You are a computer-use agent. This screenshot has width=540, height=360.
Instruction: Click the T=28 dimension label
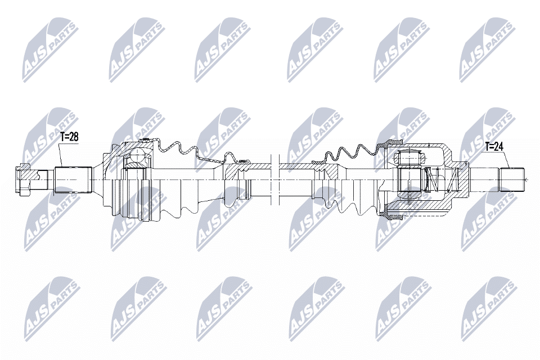(69, 137)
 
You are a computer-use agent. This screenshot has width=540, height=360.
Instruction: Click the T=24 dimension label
(494, 146)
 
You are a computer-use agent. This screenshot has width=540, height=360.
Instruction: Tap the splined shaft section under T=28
(73, 180)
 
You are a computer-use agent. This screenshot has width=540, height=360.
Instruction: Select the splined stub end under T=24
(512, 180)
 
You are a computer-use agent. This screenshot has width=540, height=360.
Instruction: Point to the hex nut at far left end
(21, 180)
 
